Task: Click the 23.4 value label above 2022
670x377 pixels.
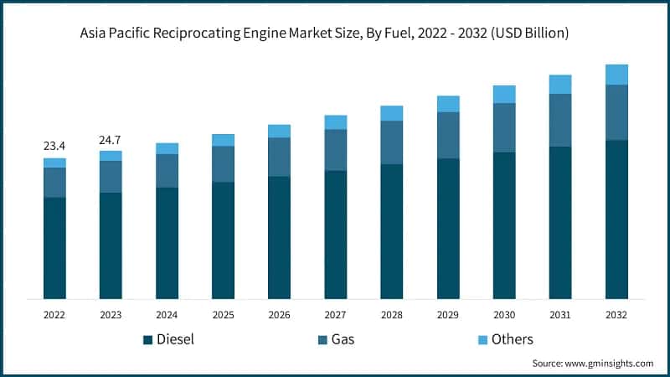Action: [54, 146]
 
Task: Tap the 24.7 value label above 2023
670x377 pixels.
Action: [111, 138]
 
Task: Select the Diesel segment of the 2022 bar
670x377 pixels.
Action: [54, 248]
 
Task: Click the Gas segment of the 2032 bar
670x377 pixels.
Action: [616, 112]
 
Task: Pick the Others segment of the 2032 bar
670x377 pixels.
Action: [616, 75]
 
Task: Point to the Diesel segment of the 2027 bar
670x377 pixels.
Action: [335, 235]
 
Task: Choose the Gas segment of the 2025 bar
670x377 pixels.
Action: [223, 164]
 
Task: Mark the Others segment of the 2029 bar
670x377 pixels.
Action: [448, 104]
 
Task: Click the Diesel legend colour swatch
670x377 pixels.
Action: [148, 339]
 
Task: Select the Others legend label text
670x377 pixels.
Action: [512, 339]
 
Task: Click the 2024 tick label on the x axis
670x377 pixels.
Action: [167, 315]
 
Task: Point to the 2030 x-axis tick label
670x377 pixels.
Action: [504, 315]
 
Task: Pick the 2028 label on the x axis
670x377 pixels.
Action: [391, 315]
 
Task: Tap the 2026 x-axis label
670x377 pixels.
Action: [279, 315]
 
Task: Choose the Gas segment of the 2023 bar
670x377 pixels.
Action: [111, 177]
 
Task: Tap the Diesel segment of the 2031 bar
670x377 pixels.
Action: [560, 223]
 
